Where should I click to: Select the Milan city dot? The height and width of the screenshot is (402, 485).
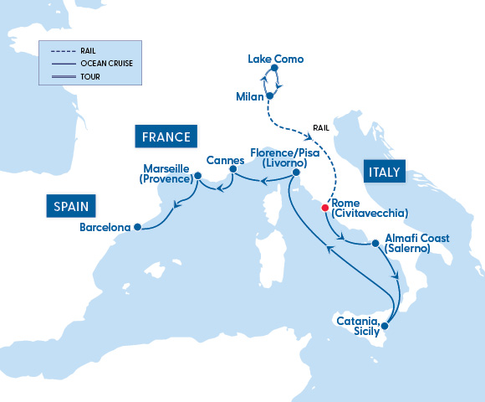tap(270, 96)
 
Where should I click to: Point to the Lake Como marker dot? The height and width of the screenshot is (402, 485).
tap(274, 72)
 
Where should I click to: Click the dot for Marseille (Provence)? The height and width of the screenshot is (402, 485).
tap(198, 176)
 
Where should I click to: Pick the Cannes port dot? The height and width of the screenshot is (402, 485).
tap(233, 171)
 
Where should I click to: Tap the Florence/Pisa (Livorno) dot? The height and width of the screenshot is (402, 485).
tap(295, 173)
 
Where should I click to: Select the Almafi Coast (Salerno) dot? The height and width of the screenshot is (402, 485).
tap(376, 244)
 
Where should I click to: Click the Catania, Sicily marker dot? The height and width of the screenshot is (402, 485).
tap(385, 315)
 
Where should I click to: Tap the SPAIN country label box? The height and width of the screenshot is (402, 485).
tap(71, 205)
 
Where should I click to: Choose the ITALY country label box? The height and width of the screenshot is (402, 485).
tap(383, 173)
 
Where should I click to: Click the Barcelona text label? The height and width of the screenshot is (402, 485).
tap(105, 227)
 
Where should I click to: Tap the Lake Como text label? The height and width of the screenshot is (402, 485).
tap(276, 59)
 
